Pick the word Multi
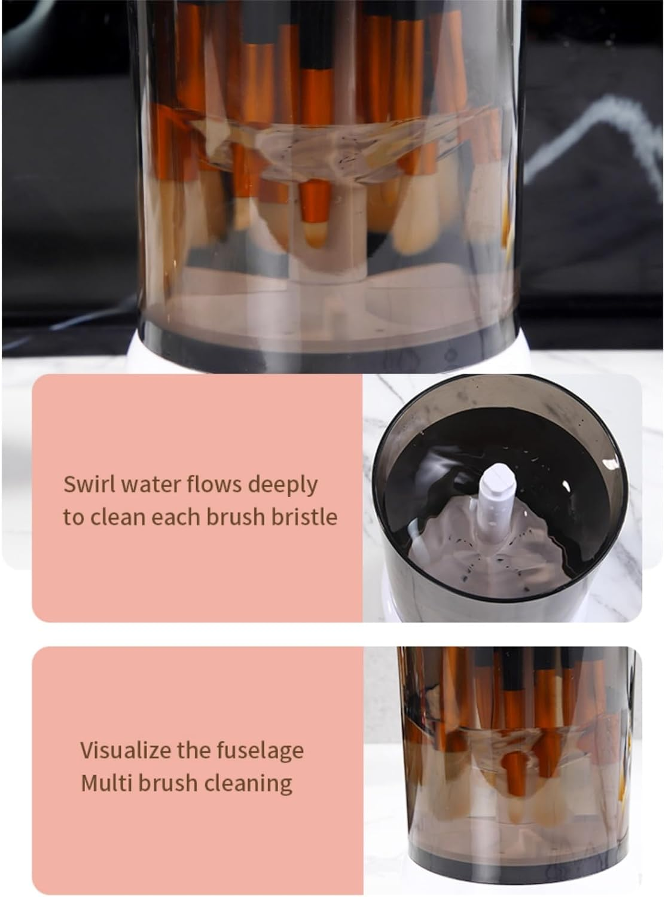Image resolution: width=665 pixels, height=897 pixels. coord(103,782)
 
